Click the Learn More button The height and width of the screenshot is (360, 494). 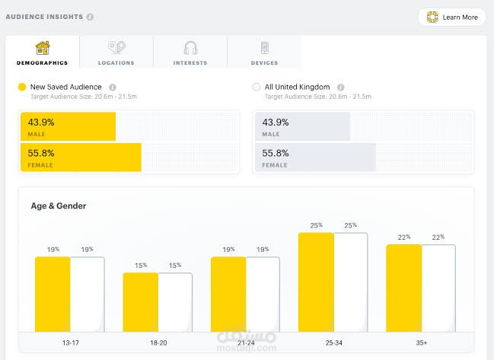click(x=452, y=17)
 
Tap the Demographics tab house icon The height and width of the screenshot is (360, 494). click(x=43, y=47)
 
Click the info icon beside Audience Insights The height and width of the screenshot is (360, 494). click(x=90, y=17)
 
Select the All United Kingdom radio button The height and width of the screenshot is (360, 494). click(x=257, y=88)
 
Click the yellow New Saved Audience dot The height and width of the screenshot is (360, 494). click(x=22, y=88)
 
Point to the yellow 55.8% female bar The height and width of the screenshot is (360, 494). click(x=81, y=157)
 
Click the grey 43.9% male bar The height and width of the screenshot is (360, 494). click(x=303, y=126)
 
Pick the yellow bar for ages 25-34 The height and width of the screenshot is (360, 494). click(x=316, y=282)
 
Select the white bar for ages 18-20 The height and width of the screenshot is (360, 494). click(x=175, y=302)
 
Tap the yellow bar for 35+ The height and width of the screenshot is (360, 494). click(x=403, y=288)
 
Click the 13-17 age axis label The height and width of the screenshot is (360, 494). click(x=70, y=343)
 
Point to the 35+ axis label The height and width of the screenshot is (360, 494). click(x=421, y=343)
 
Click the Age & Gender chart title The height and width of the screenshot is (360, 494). click(x=58, y=205)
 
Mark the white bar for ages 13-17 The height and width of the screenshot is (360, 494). click(x=88, y=294)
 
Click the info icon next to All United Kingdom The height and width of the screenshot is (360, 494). click(x=340, y=88)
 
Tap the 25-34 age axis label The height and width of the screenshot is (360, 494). click(x=333, y=343)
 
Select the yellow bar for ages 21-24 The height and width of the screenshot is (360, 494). click(x=228, y=294)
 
